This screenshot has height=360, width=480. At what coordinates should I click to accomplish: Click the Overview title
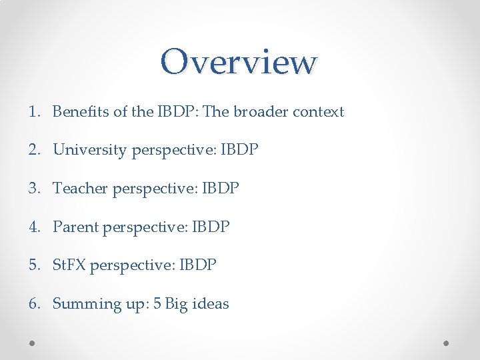[239, 62]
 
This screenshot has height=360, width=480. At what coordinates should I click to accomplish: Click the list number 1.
[34, 111]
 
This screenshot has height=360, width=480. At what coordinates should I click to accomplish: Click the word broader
[257, 111]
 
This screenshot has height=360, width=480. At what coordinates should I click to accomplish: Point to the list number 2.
[34, 150]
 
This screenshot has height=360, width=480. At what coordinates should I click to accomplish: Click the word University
[89, 150]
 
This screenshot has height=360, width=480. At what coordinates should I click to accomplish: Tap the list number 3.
[34, 189]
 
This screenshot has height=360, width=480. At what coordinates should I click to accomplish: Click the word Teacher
[80, 189]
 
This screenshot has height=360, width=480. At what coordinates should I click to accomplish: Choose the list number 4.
[34, 227]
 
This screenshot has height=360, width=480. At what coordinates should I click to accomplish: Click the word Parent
[75, 227]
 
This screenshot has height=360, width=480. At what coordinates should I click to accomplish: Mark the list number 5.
[34, 265]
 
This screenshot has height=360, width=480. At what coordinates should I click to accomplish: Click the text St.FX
[69, 265]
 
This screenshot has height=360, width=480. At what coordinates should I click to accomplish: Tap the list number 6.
[34, 304]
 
